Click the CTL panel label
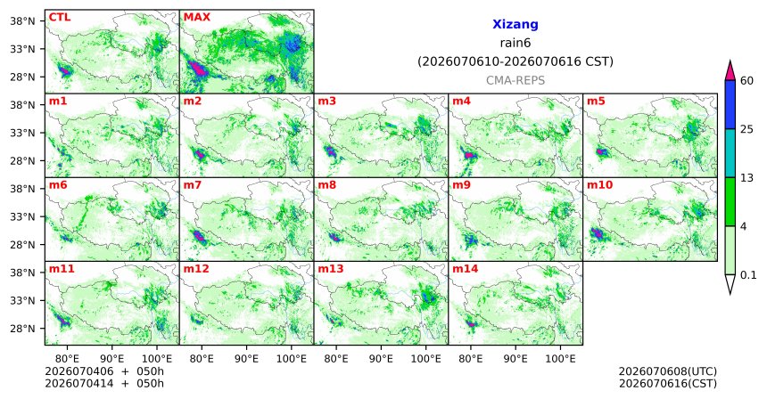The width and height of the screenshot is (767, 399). (60, 18)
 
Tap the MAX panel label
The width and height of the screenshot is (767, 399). (196, 18)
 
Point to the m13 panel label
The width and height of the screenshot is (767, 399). (331, 269)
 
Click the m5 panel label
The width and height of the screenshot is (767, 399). (596, 102)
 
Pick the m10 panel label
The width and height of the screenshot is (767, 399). (599, 185)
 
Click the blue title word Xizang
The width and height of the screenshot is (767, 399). (515, 25)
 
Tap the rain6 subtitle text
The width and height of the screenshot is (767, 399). (515, 44)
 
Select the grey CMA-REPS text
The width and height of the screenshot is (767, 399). (515, 80)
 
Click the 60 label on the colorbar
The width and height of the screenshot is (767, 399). (747, 80)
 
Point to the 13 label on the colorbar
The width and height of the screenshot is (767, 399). (746, 178)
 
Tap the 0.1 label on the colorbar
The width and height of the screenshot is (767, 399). (748, 275)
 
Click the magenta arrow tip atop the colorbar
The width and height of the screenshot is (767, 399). (730, 61)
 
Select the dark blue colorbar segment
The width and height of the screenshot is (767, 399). (730, 104)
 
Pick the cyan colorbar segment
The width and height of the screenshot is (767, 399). (730, 153)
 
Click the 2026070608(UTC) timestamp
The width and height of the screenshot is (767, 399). (668, 372)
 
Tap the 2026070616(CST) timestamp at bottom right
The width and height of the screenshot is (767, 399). (668, 384)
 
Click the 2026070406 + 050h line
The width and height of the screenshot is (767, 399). (104, 371)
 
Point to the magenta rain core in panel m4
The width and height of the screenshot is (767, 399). (470, 155)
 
